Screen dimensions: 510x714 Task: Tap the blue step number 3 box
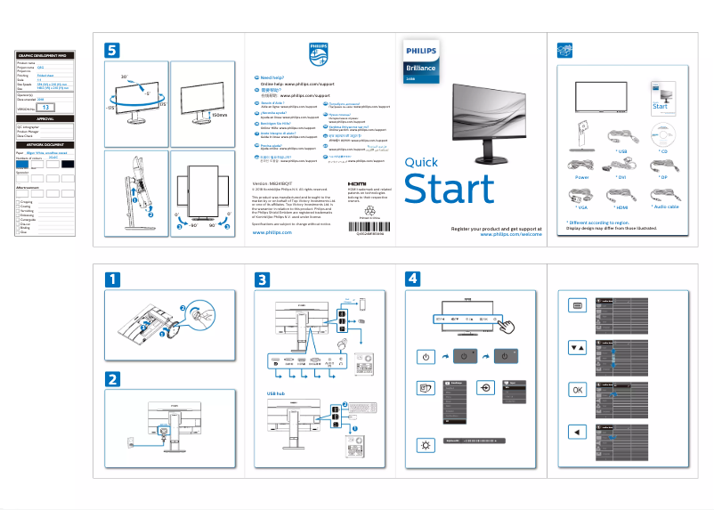(262, 279)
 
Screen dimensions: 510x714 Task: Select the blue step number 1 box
(112, 279)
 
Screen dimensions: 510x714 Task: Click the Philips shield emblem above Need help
(318, 53)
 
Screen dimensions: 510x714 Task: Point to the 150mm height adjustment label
(220, 115)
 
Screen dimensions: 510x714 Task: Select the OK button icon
(577, 390)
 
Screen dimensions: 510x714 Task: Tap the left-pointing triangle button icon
(577, 432)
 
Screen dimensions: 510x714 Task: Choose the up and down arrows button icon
(577, 348)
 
